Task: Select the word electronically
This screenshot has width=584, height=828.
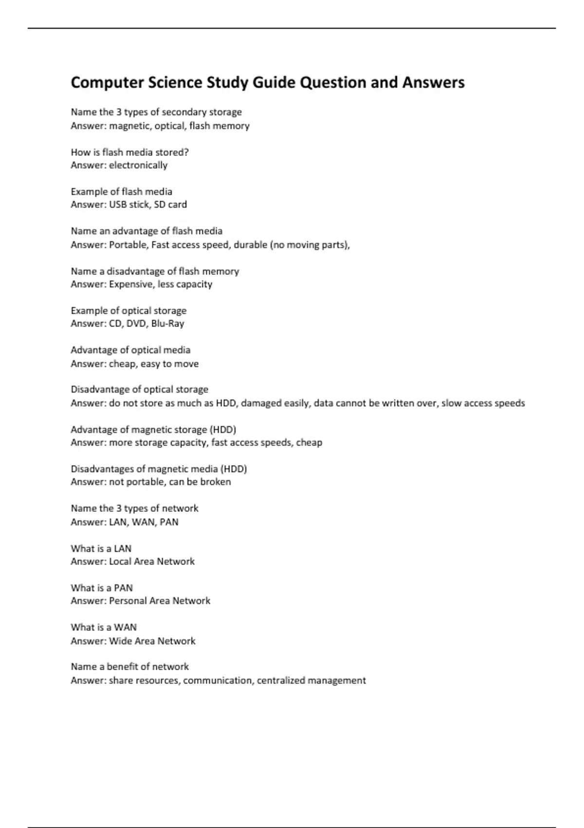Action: point(138,165)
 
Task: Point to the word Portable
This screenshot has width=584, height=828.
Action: point(128,245)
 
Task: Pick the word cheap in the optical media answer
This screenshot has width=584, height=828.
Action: point(122,364)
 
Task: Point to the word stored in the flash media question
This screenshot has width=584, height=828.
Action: point(171,152)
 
